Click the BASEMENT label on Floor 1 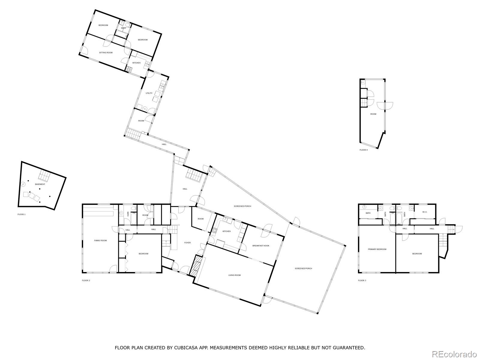click(40, 184)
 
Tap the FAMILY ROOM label click(100, 241)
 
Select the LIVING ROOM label click(234, 275)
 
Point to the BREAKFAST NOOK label click(260, 246)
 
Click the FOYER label click(187, 243)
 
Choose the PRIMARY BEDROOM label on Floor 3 click(377, 249)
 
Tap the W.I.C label click(424, 212)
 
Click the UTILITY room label click(149, 93)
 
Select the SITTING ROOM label click(106, 52)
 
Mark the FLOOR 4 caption click(363, 150)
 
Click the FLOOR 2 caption click(86, 280)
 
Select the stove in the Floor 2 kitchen click(214, 230)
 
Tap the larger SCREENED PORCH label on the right click(303, 268)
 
